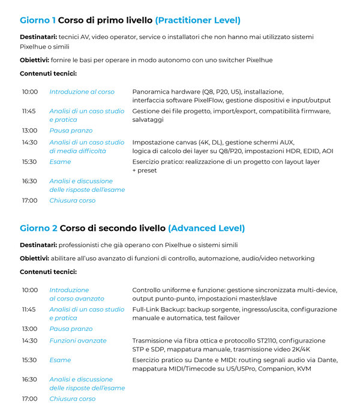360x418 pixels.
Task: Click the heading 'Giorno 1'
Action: [x=38, y=20]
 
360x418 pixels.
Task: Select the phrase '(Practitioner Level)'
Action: [x=197, y=20]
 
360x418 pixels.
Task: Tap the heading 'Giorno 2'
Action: [x=38, y=228]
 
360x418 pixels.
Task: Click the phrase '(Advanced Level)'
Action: [x=206, y=228]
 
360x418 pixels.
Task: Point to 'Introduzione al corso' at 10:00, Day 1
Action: [x=82, y=92]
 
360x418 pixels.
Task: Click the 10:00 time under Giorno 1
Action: [x=29, y=92]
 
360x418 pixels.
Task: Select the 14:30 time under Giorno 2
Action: [x=29, y=341]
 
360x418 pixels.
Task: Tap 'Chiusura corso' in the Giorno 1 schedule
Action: [x=72, y=200]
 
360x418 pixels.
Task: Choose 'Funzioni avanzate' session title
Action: [x=77, y=341]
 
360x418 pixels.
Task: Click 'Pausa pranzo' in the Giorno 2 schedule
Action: [x=71, y=329]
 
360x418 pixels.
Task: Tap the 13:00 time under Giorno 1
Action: [x=29, y=130]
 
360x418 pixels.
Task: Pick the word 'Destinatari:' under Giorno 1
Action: [x=38, y=37]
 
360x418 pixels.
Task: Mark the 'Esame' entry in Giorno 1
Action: [x=60, y=162]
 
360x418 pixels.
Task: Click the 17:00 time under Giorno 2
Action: [x=29, y=399]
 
